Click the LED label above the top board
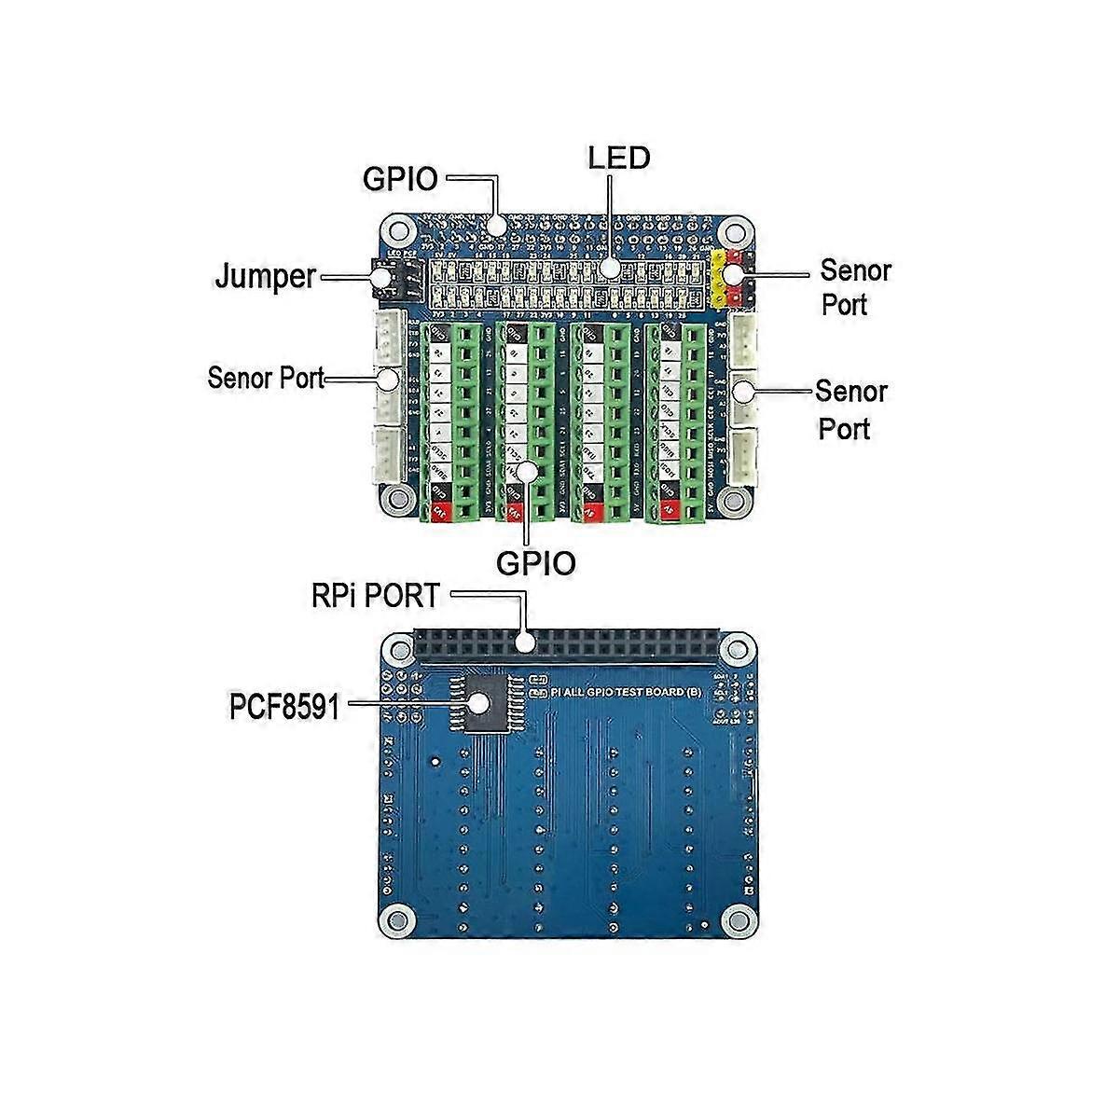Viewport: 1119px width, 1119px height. pos(619,158)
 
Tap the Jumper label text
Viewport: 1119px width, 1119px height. pos(266,277)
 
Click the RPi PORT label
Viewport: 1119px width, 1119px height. pos(376,596)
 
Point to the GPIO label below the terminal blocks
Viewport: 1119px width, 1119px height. pos(535,563)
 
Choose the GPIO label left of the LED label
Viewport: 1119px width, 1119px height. pos(400,178)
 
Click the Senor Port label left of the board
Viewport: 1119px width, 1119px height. pos(267,378)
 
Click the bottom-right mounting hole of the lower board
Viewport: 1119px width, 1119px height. pos(739,918)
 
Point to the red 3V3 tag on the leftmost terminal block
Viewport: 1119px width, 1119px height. pos(438,511)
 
